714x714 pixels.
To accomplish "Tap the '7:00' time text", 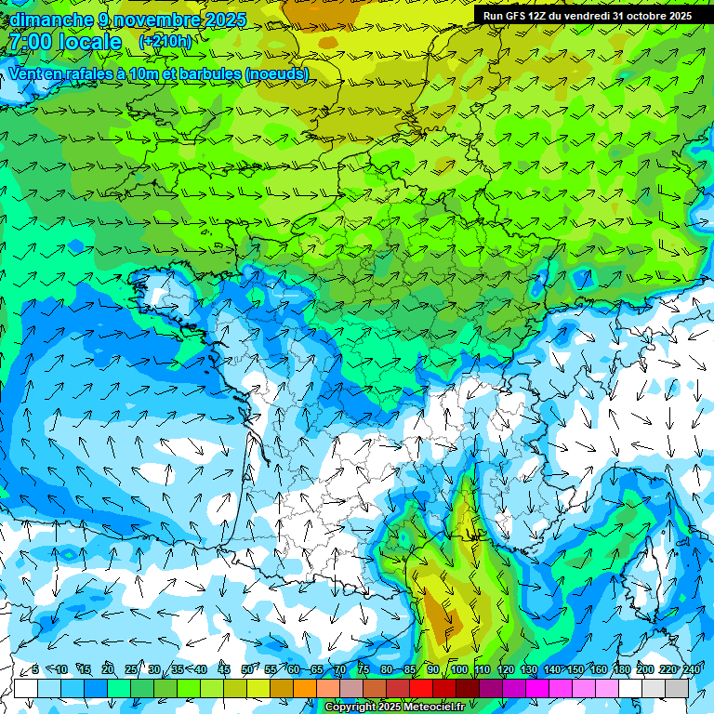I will coord(29,42).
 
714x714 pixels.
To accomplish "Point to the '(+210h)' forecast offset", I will coord(165,42).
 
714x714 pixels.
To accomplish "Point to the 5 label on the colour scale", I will coord(35,669).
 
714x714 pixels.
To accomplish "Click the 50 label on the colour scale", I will coord(247,669).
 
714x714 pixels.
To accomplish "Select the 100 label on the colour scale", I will coord(458,669).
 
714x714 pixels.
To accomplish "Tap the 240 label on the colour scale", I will coord(692,669).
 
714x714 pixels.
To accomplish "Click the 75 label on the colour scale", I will coord(364,669).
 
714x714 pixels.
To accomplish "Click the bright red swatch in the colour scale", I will coord(421,689).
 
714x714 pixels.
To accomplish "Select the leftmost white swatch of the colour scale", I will coord(26,689).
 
